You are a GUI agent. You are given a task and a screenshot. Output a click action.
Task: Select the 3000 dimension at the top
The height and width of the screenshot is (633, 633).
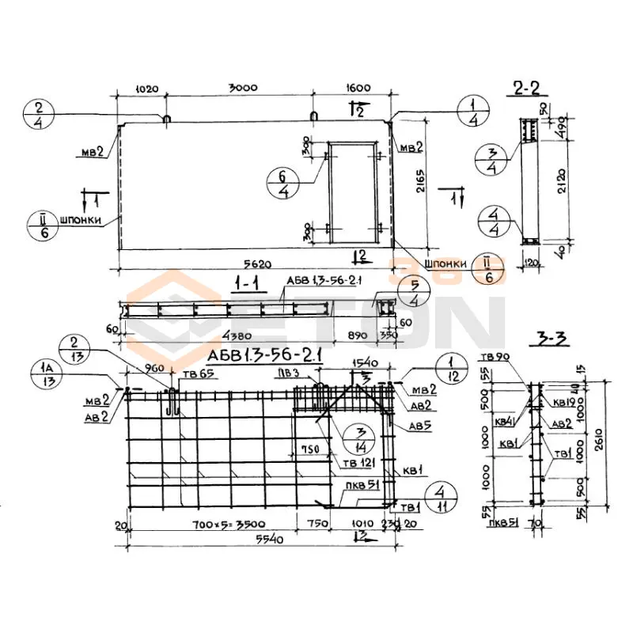242,89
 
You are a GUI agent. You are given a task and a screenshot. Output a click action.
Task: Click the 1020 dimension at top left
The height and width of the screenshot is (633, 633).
140,89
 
